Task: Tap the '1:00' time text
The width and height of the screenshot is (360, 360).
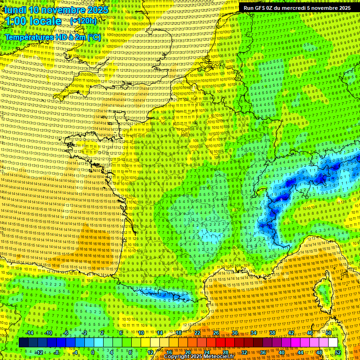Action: pos(16,21)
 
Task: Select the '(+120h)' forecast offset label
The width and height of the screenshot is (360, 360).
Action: pos(83,21)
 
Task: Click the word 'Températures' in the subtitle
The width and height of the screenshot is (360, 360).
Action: pos(28,37)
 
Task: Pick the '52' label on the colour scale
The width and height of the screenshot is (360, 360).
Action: pos(338,352)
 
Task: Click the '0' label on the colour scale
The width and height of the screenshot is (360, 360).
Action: pos(93,352)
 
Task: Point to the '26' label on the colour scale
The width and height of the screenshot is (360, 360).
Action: pos(216,333)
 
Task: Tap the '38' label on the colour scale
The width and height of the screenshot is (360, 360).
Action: pos(272,333)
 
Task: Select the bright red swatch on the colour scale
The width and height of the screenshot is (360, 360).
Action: pos(220,343)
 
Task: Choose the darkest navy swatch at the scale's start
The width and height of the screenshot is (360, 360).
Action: pos(24,343)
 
